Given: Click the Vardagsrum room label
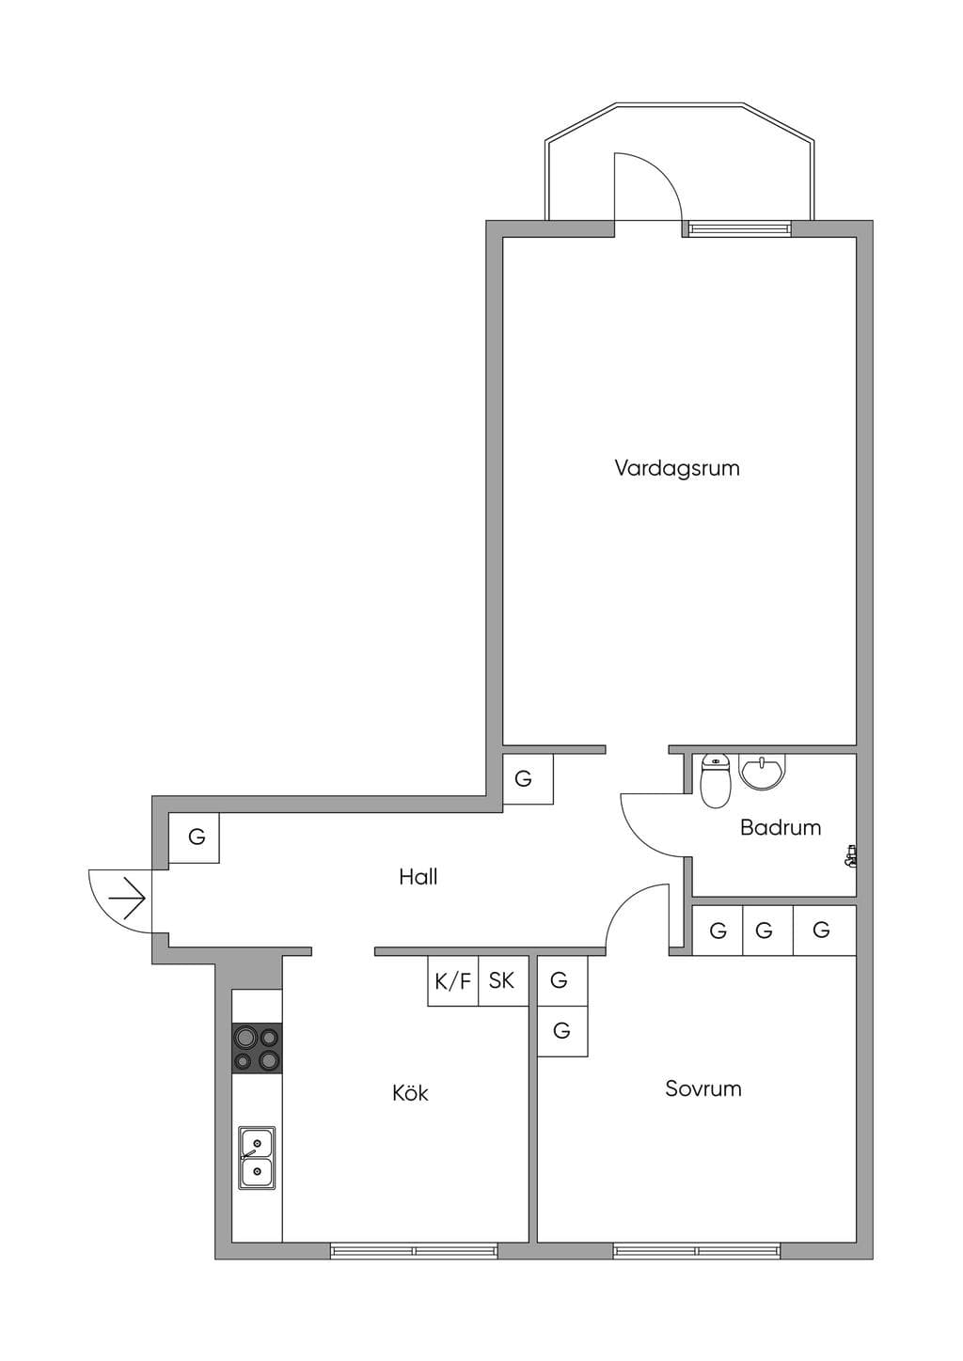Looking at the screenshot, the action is click(677, 468).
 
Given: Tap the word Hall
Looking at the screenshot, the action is click(418, 877).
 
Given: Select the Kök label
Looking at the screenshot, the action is click(410, 1093).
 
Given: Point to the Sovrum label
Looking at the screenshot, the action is click(703, 1088).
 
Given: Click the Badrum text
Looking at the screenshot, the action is click(781, 827).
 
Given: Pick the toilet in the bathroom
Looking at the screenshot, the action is click(715, 781).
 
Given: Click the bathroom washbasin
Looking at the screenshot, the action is click(763, 772).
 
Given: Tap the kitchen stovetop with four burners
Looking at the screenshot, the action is click(257, 1048).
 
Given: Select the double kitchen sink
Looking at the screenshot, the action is click(257, 1158).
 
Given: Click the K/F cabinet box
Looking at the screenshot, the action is click(453, 981).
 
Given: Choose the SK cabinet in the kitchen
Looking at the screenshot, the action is click(503, 981).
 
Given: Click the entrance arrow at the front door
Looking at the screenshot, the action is click(126, 898).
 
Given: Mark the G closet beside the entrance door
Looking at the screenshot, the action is click(194, 837).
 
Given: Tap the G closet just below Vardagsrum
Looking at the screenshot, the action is click(529, 779).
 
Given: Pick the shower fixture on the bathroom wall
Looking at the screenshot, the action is click(850, 855).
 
